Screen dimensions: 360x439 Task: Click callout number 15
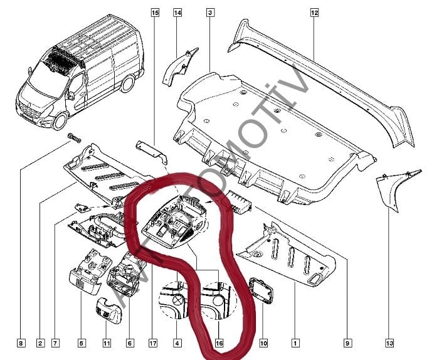pos(155,13)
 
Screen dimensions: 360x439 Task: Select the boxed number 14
pos(177,13)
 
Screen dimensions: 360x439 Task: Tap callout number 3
pos(210,13)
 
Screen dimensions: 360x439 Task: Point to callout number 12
pos(314,13)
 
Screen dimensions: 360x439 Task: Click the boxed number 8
pos(21,343)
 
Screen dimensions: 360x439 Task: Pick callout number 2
pos(40,343)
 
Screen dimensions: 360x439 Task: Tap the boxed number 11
pos(107,343)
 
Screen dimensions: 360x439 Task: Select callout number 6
pos(130,343)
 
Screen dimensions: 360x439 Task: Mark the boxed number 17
pos(152,343)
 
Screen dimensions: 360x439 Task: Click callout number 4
pos(177,343)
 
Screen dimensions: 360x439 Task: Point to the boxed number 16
pos(219,343)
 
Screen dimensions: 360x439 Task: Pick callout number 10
pos(263,343)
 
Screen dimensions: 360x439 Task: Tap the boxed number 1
pos(295,343)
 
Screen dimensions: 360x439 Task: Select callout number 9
pos(347,343)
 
